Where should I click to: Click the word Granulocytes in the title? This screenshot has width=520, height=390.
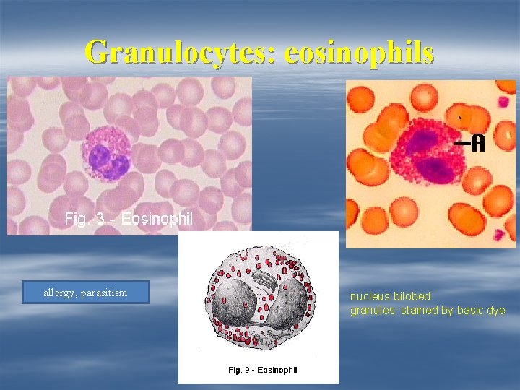tap(180, 52)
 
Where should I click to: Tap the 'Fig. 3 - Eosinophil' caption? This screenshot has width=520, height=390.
tap(129, 218)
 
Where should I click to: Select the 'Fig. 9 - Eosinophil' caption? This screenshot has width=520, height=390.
tap(262, 370)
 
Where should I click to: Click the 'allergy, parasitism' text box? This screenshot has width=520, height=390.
tap(85, 292)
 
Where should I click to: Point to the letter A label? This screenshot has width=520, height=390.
tap(477, 144)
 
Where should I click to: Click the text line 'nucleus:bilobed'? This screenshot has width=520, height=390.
tap(390, 297)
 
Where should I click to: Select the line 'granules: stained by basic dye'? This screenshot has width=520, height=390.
tap(428, 311)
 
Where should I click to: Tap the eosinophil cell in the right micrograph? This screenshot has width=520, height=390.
tap(426, 155)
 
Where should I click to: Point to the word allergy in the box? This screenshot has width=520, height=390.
tap(58, 292)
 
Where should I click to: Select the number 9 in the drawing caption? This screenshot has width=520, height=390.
tap(247, 370)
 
